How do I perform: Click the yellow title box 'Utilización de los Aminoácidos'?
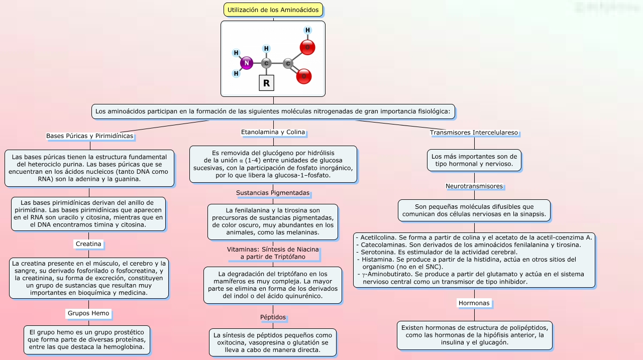(273, 10)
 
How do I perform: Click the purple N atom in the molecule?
(246, 63)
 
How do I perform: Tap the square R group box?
(266, 83)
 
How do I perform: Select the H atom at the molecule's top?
(307, 30)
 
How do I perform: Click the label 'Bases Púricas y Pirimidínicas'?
(89, 136)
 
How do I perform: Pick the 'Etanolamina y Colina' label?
(273, 132)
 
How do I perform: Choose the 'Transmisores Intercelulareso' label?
(474, 133)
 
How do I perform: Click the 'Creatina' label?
(88, 244)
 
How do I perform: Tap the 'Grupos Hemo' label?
(88, 313)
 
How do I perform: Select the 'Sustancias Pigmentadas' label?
(273, 193)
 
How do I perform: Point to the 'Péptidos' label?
(273, 317)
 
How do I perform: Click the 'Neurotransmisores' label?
(474, 186)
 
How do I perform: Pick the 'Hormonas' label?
(474, 303)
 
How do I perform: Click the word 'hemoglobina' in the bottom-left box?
(125, 346)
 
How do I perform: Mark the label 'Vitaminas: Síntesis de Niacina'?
(273, 250)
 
